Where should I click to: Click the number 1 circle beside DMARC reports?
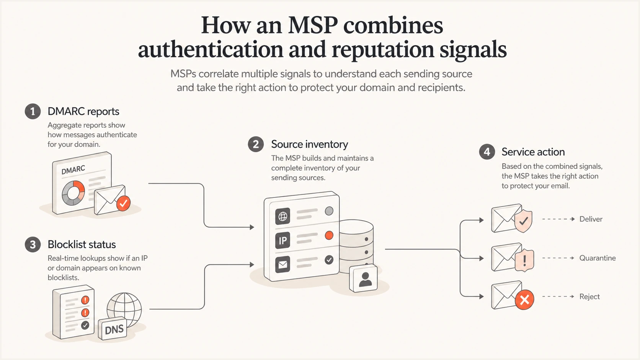pyautogui.click(x=33, y=111)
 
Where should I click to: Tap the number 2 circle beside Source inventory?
pyautogui.click(x=256, y=144)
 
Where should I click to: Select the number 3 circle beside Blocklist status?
pyautogui.click(x=33, y=245)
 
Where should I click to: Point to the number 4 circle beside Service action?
pyautogui.click(x=487, y=152)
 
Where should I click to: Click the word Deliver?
pyautogui.click(x=591, y=219)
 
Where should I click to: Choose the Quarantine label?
pyautogui.click(x=598, y=258)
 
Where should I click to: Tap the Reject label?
pyautogui.click(x=589, y=296)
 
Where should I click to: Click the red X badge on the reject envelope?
pyautogui.click(x=524, y=300)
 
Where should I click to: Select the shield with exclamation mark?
pyautogui.click(x=524, y=260)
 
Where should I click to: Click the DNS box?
pyautogui.click(x=113, y=329)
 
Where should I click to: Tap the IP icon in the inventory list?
pyautogui.click(x=282, y=240)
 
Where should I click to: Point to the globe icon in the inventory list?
pyautogui.click(x=282, y=216)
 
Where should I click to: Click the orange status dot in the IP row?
pyautogui.click(x=329, y=236)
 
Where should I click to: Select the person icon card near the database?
pyautogui.click(x=364, y=279)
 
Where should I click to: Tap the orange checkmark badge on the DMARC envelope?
pyautogui.click(x=123, y=203)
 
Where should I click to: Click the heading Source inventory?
pyautogui.click(x=309, y=144)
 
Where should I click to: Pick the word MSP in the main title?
pyautogui.click(x=313, y=25)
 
